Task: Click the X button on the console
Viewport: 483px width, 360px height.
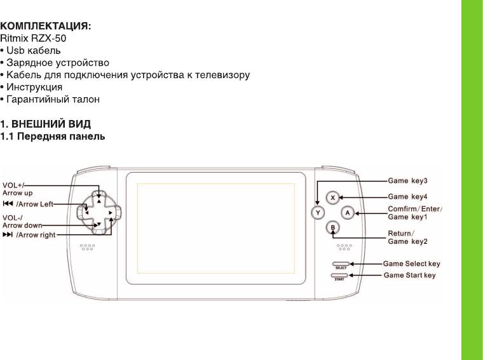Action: point(332,197)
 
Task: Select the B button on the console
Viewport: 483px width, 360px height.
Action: point(332,227)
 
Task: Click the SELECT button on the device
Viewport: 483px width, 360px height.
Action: point(340,263)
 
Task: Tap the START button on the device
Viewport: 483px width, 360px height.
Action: point(340,275)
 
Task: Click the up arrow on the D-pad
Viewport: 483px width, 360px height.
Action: point(98,198)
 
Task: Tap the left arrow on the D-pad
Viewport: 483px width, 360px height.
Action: point(84,212)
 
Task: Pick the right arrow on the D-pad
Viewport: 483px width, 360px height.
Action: point(111,212)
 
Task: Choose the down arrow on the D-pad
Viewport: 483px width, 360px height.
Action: point(98,225)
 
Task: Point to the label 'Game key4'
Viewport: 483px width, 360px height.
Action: point(412,196)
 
